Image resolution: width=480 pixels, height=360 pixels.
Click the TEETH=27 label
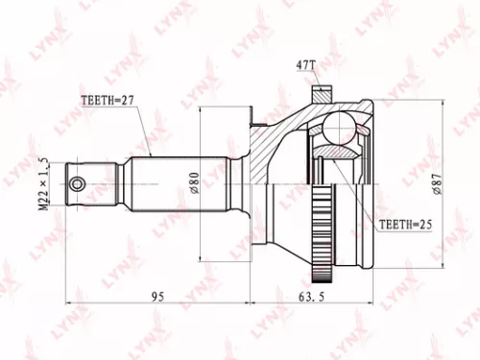click(105, 98)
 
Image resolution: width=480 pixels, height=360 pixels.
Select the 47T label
click(305, 66)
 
